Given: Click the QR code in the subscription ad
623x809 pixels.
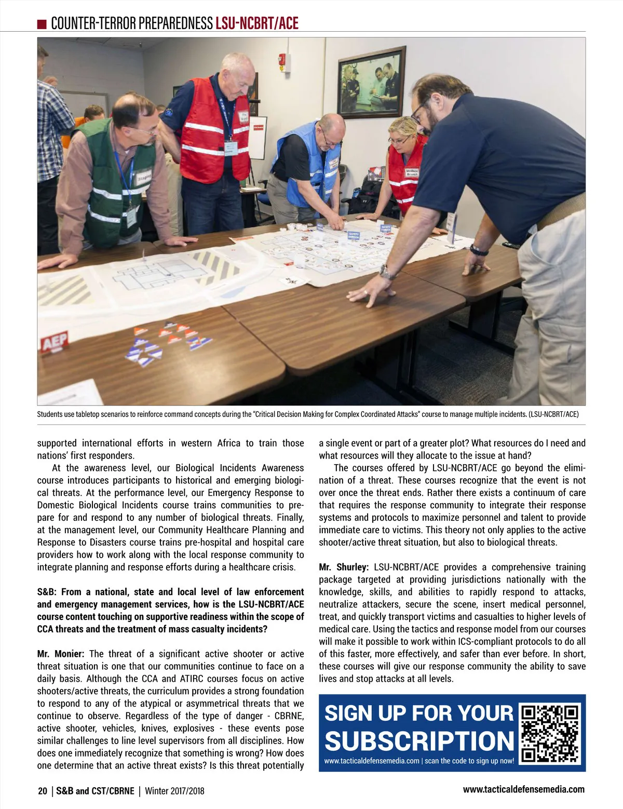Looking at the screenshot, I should point(550,733).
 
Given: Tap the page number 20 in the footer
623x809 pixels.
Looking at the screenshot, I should point(43,791).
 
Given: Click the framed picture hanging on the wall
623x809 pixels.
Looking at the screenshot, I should point(371,82).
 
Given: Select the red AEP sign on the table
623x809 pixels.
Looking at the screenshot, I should point(55,341).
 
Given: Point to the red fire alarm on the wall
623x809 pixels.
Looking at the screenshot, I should point(282,61).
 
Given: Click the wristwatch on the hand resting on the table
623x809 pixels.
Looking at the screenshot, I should point(385,271).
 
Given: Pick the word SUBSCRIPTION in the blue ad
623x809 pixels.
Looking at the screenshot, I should point(419,741).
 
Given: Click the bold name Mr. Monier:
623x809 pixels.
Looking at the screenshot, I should point(61,654).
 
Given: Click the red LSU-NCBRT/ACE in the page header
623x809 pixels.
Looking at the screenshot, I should point(257,23).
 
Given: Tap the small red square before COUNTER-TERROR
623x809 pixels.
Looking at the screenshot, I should point(43,24).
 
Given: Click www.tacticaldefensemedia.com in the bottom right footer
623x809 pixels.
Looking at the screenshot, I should point(523,789).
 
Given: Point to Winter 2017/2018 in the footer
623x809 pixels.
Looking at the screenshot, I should point(174,791).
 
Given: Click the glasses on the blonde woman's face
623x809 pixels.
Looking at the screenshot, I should point(397,139).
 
